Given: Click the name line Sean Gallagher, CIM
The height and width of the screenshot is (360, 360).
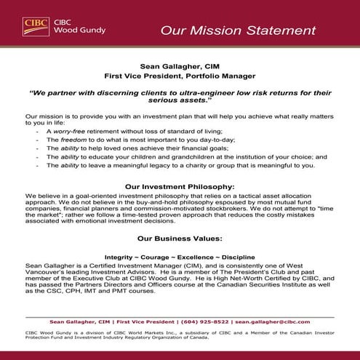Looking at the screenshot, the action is click(x=180, y=65).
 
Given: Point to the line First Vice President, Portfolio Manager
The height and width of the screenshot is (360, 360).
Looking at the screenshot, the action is click(x=180, y=75).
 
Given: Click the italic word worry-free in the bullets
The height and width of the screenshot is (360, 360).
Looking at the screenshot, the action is click(x=63, y=132).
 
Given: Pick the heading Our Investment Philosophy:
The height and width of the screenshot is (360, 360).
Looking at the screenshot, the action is click(x=180, y=186).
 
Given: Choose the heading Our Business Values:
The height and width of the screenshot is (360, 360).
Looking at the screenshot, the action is click(x=180, y=238).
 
